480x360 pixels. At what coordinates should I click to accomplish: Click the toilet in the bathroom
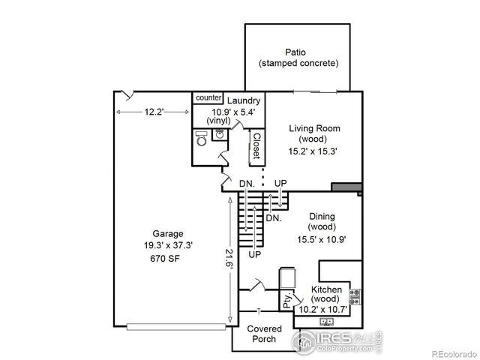point(200,138)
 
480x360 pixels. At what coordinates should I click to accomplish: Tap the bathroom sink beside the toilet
point(220,133)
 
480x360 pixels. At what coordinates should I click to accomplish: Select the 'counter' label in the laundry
point(208,98)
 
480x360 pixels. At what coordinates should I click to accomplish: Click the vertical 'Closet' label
point(256,146)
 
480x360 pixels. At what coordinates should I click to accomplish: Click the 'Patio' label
point(298,52)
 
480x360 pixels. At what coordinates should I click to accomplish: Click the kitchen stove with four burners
point(355,297)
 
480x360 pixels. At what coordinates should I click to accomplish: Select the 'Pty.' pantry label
point(288,301)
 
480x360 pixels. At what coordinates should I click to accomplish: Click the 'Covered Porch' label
point(264,334)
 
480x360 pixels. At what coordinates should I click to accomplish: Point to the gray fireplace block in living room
point(346,187)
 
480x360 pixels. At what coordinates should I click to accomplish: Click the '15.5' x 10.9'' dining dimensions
point(326,240)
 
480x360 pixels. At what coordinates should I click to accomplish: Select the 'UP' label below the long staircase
point(255,255)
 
